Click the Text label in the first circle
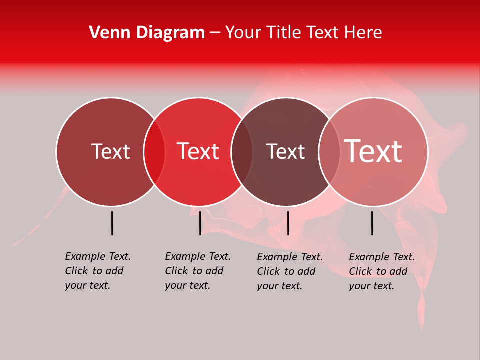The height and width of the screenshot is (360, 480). coord(110,151)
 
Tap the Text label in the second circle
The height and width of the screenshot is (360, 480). coord(198,151)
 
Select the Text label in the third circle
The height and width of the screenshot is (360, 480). coord(285,151)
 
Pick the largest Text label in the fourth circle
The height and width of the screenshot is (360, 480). coord(373,151)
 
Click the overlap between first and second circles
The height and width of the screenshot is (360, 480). coord(154,152)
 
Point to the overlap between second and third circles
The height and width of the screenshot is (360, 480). coord(242,152)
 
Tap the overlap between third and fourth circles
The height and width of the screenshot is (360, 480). coord(329,152)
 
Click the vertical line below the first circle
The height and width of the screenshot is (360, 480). coord(112,223)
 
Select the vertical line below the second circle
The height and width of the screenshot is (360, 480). coord(200,223)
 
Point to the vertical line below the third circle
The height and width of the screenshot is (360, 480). coord(288,223)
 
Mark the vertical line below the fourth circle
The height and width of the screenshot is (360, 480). coord(372,223)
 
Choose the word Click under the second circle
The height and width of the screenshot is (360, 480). coord(176,271)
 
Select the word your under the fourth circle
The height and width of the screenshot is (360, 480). coord(359,286)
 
